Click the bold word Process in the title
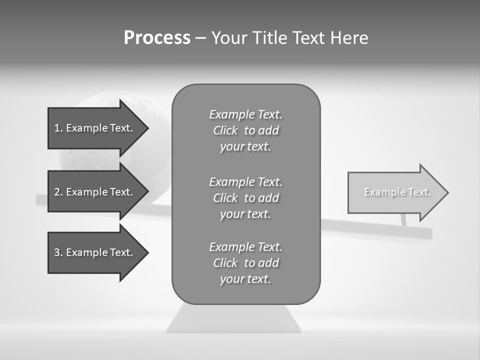tap(157, 38)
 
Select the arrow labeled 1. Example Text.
tap(93, 128)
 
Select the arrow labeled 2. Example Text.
tap(93, 192)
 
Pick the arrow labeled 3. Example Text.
tap(93, 252)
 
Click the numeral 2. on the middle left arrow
tap(58, 192)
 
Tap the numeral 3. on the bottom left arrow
tap(58, 252)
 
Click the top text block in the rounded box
tap(245, 130)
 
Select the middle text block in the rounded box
tap(245, 198)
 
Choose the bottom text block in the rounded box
tap(245, 263)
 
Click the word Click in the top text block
tap(225, 130)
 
